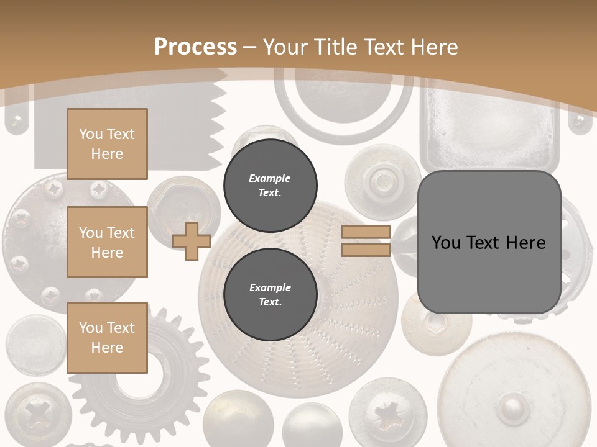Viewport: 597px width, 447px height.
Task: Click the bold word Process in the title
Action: [195, 47]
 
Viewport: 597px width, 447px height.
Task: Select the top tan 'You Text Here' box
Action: [107, 144]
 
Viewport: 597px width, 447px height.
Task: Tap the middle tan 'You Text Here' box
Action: [107, 242]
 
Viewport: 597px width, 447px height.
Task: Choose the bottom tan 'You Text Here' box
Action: [107, 337]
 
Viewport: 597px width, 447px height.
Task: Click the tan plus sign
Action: [192, 241]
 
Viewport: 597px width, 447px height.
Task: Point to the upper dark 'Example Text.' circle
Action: [270, 185]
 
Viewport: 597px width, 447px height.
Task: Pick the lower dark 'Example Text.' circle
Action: [270, 294]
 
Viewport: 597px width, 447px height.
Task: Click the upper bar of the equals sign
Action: [366, 232]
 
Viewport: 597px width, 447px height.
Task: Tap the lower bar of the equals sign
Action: [366, 250]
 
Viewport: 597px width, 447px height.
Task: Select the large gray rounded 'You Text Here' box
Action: [489, 242]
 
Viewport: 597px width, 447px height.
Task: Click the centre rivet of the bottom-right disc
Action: [513, 407]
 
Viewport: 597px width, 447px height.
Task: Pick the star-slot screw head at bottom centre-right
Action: [381, 412]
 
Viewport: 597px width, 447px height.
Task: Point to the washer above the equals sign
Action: [383, 181]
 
